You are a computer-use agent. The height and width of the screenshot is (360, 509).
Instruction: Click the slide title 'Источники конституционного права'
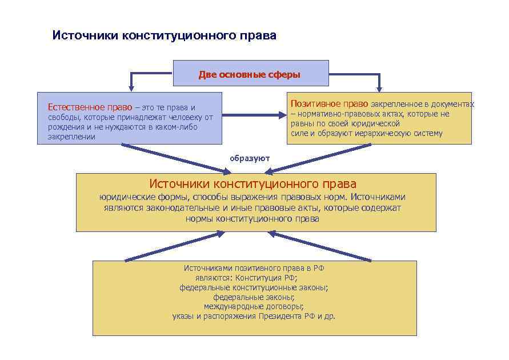tap(164, 35)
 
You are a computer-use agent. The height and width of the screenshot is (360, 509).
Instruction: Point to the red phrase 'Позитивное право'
tap(330, 104)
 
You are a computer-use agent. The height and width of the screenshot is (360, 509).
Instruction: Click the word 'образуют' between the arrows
tap(250, 158)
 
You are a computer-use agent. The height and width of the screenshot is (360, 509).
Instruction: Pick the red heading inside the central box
tap(253, 184)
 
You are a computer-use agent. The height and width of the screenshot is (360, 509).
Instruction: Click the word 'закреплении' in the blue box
tap(71, 137)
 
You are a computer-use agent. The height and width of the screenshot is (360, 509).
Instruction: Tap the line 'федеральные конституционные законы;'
tap(254, 287)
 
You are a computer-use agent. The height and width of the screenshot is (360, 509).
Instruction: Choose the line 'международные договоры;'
tap(254, 306)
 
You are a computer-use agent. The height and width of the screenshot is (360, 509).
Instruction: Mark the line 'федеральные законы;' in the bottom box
tap(254, 297)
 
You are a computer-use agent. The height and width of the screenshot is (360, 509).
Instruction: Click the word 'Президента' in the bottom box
tap(281, 316)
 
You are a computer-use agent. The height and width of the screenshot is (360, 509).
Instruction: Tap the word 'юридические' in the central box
tap(123, 197)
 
